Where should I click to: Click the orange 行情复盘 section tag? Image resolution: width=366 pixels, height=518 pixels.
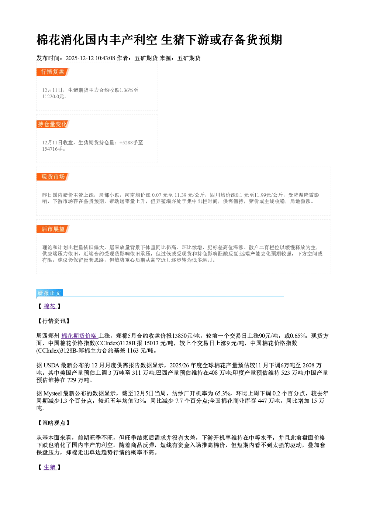coord(53,72)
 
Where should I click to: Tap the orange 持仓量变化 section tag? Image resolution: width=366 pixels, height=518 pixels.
coord(53,124)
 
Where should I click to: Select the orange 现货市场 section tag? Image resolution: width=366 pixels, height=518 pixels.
coord(53,177)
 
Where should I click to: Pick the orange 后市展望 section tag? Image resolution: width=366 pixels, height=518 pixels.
coord(53,229)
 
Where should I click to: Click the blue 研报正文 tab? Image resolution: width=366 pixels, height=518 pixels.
coord(49,293)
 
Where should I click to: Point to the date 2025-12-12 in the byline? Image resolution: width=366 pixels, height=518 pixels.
coord(80,58)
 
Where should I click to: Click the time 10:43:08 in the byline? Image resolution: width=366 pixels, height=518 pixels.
coord(105,58)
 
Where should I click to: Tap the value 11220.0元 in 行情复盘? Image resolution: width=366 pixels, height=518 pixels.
coord(53,96)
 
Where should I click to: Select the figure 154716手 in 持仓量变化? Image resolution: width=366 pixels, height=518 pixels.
coord(52,149)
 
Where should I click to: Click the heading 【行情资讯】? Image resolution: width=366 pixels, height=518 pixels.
coord(53,321)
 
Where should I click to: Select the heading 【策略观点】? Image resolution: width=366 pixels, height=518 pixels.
coord(53,423)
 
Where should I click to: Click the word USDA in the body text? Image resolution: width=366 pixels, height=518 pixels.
coord(51,366)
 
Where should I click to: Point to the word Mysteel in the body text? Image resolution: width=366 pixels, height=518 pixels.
coord(52,393)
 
